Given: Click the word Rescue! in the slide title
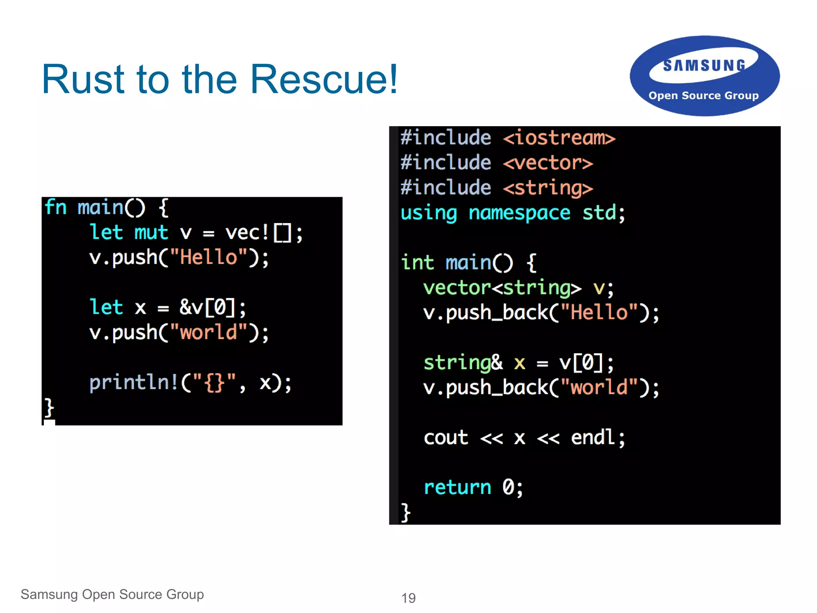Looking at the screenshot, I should coord(324,80).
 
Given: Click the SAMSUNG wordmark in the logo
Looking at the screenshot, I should coord(704,65).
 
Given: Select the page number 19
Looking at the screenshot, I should coord(408,598).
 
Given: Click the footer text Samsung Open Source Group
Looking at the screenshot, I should coord(112,594).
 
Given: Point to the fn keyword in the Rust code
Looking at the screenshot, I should coord(55,208).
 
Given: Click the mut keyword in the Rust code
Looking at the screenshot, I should coord(151,233).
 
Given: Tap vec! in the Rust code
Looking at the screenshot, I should coord(247,233).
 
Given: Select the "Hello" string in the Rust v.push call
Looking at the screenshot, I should coord(209,257).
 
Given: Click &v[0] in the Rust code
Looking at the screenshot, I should coord(207,308).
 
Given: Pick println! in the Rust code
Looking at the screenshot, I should coord(134,383).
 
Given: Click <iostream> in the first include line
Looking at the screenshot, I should coord(559,138).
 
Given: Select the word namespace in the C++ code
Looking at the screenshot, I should coord(519,213).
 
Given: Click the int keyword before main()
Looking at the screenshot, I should coord(417,263).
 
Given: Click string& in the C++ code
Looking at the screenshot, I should coord(463,363).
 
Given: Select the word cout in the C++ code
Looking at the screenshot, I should coord(446,438).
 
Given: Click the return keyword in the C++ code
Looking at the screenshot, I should coord(457,488).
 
